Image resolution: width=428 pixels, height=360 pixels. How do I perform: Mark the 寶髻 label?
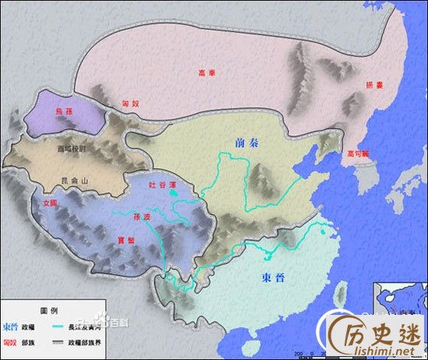click(x=121, y=240)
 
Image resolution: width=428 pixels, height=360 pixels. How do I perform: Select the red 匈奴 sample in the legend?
click(x=11, y=340)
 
